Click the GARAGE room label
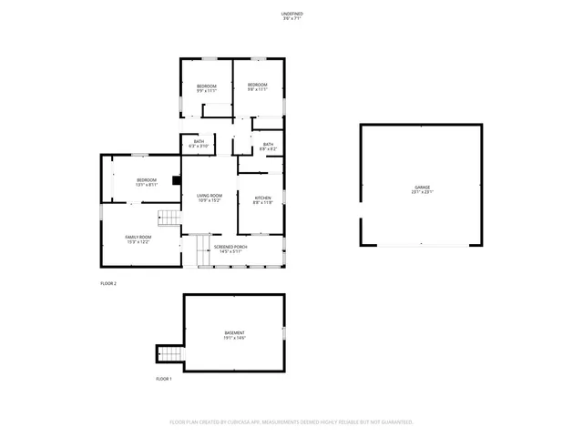[x=422, y=189]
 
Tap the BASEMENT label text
[x=234, y=335]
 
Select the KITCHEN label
[x=262, y=199]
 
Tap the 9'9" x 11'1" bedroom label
[x=207, y=87]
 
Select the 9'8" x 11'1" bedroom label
[x=258, y=87]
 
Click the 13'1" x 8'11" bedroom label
[x=147, y=182]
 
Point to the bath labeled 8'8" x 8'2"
[x=267, y=146]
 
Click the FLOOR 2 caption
[x=108, y=284]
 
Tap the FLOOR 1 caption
[x=163, y=378]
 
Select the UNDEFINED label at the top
[x=292, y=15]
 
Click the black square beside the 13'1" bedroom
[x=176, y=179]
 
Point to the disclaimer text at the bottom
[x=291, y=422]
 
